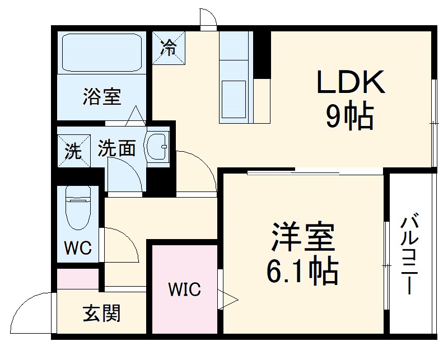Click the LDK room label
[x=351, y=82]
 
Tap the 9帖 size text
[x=351, y=116]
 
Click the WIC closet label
[x=184, y=290]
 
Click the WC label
[x=77, y=247]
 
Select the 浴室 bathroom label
[x=101, y=96]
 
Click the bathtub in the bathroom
[x=102, y=53]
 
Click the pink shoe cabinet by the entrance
[x=78, y=279]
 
